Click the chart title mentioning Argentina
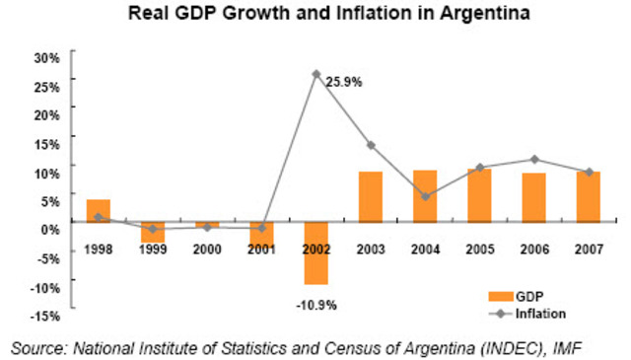pyautogui.click(x=315, y=15)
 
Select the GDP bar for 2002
pyautogui.click(x=315, y=255)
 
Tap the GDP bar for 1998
pyautogui.click(x=99, y=213)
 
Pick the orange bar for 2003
pyautogui.click(x=370, y=199)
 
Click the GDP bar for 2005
pyautogui.click(x=479, y=198)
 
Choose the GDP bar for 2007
pyautogui.click(x=588, y=199)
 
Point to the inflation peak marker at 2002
pyautogui.click(x=315, y=74)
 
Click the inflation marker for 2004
pyautogui.click(x=424, y=196)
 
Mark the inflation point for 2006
pyautogui.click(x=533, y=159)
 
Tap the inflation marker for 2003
pyautogui.click(x=370, y=145)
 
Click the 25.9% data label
pyautogui.click(x=344, y=83)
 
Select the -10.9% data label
pyautogui.click(x=315, y=305)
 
